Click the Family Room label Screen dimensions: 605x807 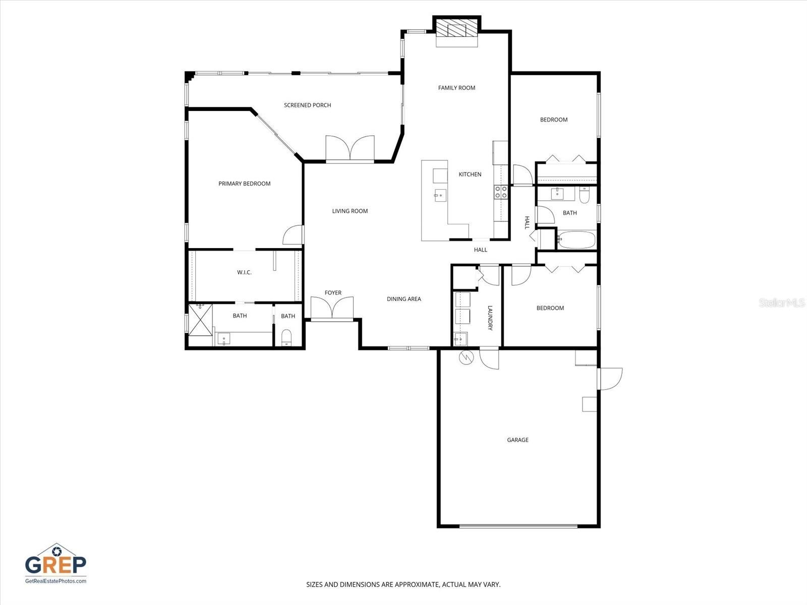(456, 88)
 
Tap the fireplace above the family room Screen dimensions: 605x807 (456, 29)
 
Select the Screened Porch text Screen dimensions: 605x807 (307, 105)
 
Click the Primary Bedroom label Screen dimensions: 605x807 (244, 184)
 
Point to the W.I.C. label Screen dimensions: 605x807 (244, 272)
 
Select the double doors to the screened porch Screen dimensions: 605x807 (350, 149)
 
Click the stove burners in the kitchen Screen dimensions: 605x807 (501, 191)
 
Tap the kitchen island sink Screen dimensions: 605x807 (440, 195)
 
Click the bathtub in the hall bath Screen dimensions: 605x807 (576, 239)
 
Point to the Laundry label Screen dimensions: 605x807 (489, 318)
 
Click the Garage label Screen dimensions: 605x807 (517, 440)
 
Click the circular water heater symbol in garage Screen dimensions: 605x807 (467, 357)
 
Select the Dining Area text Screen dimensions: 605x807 (403, 299)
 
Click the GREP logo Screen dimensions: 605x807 (55, 564)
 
